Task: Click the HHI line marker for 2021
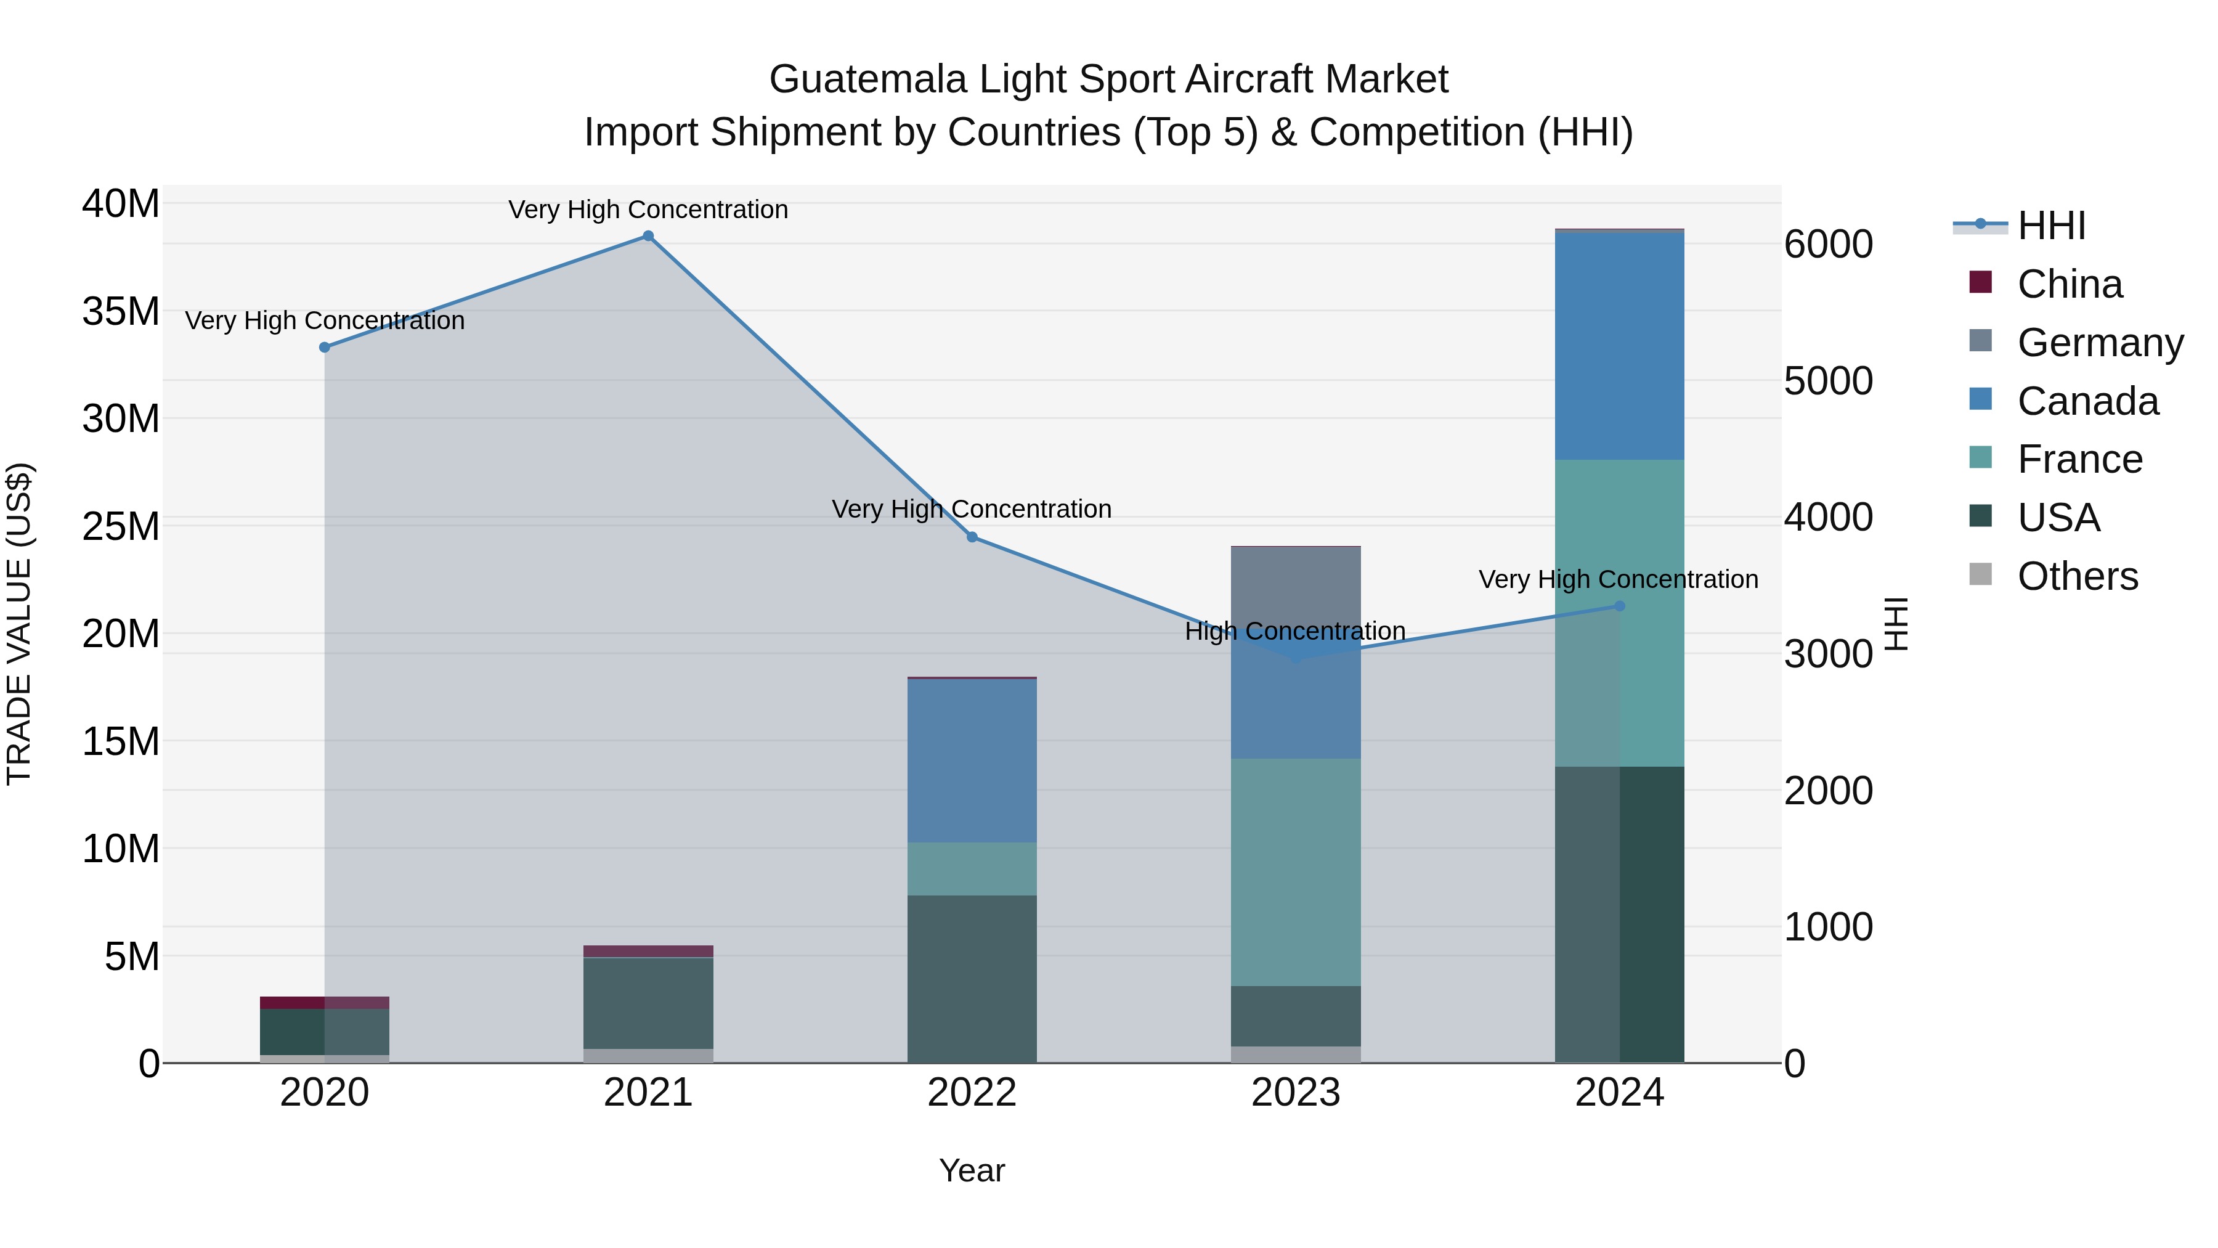click(648, 236)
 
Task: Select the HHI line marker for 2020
click(325, 347)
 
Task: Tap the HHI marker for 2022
click(972, 537)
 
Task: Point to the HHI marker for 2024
click(1620, 606)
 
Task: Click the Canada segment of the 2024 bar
click(1620, 345)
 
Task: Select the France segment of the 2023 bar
click(1296, 871)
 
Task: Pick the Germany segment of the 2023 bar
click(1296, 585)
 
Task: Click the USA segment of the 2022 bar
click(972, 979)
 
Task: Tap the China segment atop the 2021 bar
click(648, 951)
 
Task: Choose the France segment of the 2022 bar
click(972, 868)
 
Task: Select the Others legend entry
click(2077, 576)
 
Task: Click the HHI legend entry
click(2051, 226)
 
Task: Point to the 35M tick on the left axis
click(121, 311)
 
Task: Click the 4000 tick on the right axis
click(1828, 518)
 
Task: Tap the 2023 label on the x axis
click(1296, 1093)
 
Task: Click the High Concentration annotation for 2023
click(1295, 631)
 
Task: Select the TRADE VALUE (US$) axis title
click(19, 624)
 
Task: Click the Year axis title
click(972, 1170)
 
